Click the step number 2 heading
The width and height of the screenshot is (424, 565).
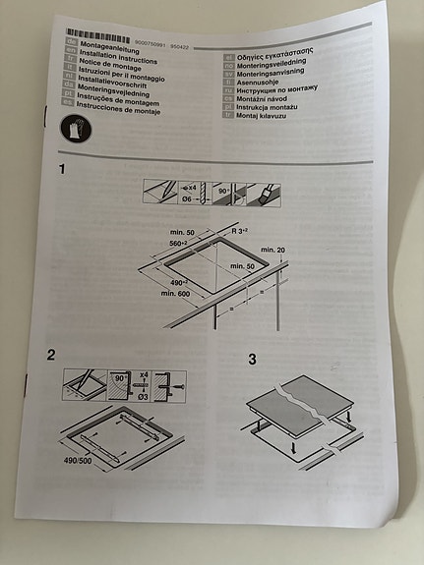point(51,354)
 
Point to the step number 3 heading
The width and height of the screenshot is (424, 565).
point(253,360)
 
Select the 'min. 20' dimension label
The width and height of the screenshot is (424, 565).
point(274,252)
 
